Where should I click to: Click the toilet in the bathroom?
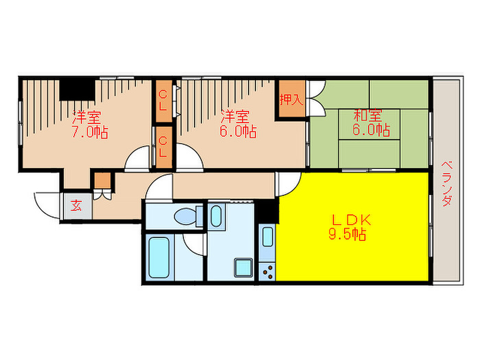(x=188, y=216)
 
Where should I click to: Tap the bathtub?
(x=159, y=257)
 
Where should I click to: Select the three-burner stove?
(x=267, y=272)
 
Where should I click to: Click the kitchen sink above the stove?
(x=267, y=237)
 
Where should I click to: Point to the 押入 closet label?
(x=291, y=100)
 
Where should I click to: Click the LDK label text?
(x=351, y=220)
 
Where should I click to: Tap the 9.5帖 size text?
(x=347, y=235)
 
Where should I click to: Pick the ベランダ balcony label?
(x=447, y=184)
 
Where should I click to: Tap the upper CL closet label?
(x=163, y=100)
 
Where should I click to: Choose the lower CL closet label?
(x=163, y=147)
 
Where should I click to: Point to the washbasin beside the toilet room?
(x=216, y=216)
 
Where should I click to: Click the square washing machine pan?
(x=243, y=267)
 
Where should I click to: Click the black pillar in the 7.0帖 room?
(x=77, y=90)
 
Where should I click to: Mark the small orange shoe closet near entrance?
(x=102, y=180)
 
